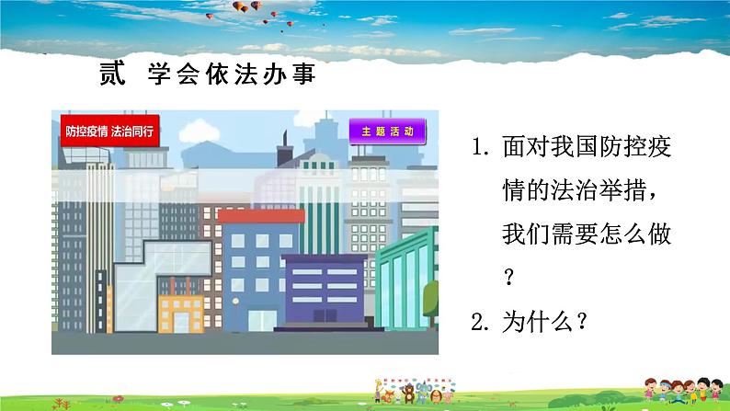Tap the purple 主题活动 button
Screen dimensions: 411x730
click(x=388, y=131)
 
